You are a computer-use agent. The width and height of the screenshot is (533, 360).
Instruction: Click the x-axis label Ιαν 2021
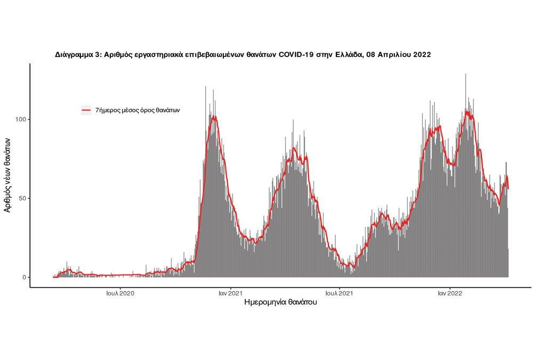pyautogui.click(x=230, y=293)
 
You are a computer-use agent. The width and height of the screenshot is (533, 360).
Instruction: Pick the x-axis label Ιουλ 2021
pyautogui.click(x=338, y=293)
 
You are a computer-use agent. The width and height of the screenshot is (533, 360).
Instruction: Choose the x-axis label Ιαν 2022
pyautogui.click(x=449, y=293)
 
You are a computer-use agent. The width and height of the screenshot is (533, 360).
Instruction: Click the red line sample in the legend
pyautogui.click(x=86, y=110)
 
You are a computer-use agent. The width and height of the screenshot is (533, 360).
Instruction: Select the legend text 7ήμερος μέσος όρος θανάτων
pyautogui.click(x=138, y=110)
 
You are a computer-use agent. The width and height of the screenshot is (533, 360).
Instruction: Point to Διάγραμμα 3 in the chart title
pyautogui.click(x=78, y=54)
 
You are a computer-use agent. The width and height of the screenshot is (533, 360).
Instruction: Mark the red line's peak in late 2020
pyautogui.click(x=214, y=116)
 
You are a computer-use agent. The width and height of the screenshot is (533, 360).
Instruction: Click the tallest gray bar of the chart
pyautogui.click(x=466, y=75)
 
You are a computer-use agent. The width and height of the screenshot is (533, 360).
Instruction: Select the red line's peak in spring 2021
pyautogui.click(x=294, y=148)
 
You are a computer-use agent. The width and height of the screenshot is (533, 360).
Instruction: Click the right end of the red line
pyautogui.click(x=508, y=189)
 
